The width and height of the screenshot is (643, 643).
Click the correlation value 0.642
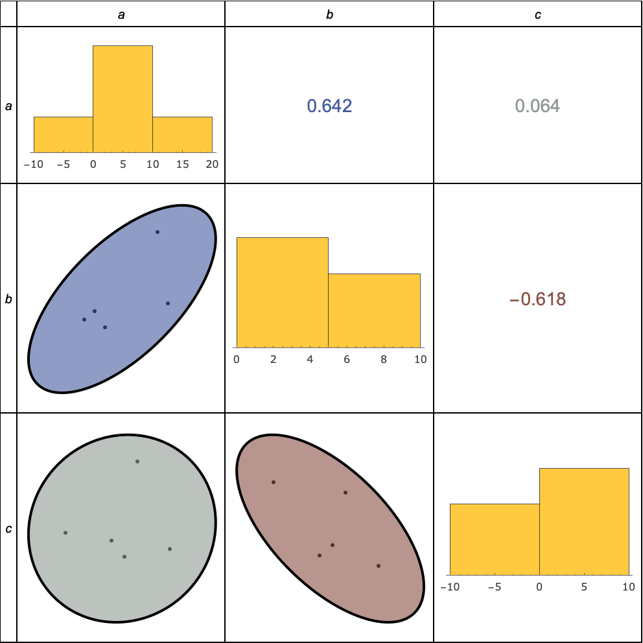[329, 106]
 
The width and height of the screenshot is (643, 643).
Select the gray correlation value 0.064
[537, 106]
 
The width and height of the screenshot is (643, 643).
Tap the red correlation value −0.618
[537, 299]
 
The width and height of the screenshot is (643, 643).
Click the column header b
[329, 14]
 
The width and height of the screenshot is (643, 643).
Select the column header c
[537, 14]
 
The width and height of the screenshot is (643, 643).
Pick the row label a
[8, 106]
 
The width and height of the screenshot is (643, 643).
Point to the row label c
[8, 529]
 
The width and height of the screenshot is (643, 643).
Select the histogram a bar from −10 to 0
[63, 134]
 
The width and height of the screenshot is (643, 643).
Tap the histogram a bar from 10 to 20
[182, 134]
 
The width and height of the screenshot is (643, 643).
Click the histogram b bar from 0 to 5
[282, 292]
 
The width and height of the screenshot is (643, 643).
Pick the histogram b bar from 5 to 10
[374, 310]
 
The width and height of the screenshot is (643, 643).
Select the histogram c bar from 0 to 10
[584, 521]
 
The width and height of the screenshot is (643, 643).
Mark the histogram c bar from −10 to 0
[494, 539]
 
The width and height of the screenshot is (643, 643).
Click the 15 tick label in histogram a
[182, 165]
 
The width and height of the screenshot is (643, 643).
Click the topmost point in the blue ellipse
[157, 232]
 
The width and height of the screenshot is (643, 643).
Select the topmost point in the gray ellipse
[137, 462]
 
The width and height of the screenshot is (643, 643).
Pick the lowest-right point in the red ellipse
[378, 566]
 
